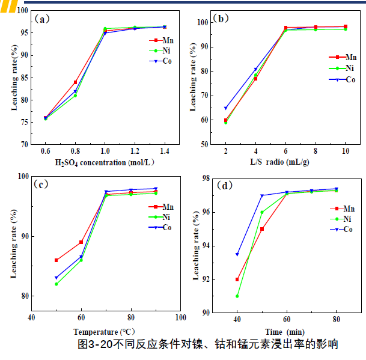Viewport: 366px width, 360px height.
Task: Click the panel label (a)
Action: point(43,19)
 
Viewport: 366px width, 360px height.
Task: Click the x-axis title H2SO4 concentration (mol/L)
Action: point(103,162)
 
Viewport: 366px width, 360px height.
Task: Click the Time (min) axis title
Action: point(285,331)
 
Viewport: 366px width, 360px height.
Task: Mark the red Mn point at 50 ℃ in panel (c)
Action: point(56,260)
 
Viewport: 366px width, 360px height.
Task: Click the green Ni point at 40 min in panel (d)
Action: point(237,296)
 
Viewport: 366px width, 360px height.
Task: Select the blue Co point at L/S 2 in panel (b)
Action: point(226,108)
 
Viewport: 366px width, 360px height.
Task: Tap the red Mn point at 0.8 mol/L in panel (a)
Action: point(76,82)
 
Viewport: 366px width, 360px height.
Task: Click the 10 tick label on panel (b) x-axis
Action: point(345,151)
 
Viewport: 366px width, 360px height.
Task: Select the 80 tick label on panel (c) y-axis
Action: point(22,296)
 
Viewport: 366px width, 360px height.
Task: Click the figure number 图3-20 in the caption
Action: point(97,344)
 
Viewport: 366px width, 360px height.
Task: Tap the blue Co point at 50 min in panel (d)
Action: point(262,195)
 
